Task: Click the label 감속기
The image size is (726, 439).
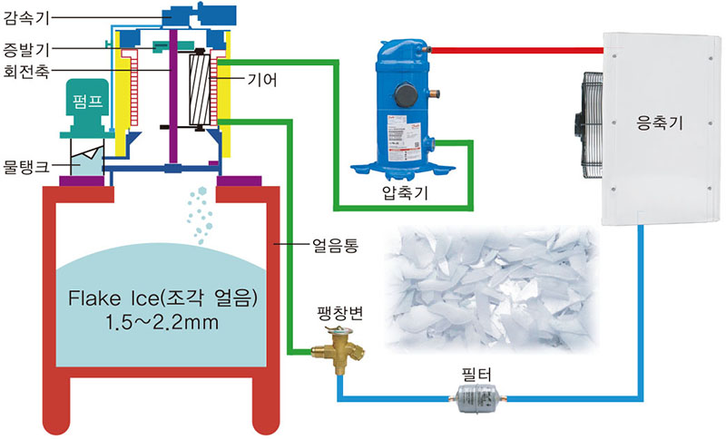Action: click(x=24, y=15)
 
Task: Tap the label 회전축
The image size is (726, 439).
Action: click(x=24, y=69)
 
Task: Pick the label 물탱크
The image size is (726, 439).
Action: click(x=24, y=165)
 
